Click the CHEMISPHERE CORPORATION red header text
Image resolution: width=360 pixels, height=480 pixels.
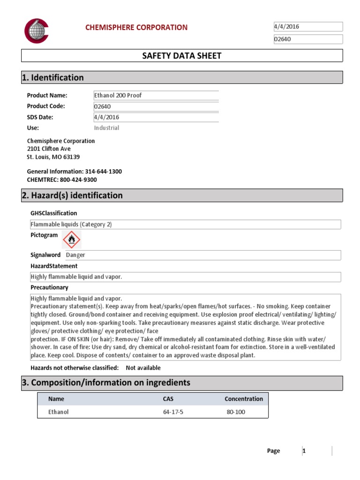(x=136, y=28)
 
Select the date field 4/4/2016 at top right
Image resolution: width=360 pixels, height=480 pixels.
(x=308, y=27)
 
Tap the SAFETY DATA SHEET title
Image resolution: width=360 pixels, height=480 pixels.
(x=182, y=56)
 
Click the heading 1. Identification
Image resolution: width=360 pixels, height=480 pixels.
(x=53, y=78)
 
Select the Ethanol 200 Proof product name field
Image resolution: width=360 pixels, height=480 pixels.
(x=156, y=96)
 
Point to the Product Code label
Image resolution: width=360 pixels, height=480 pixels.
(x=46, y=106)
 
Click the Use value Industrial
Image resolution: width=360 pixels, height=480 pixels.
(x=107, y=128)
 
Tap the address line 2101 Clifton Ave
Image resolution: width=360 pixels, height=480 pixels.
(x=49, y=149)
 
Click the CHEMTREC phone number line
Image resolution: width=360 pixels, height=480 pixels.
(x=62, y=180)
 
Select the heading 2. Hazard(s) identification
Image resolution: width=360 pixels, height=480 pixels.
(x=72, y=196)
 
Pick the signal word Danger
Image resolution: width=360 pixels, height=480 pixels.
(x=75, y=255)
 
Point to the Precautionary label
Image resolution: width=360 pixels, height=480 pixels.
(x=49, y=287)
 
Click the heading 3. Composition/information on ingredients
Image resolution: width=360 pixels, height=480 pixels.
(x=106, y=383)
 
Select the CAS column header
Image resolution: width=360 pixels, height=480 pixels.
(x=168, y=399)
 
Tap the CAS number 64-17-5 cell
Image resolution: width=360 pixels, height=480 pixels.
(x=172, y=412)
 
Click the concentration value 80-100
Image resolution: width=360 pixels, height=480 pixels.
(x=235, y=412)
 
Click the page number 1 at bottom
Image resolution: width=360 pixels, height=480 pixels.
(x=304, y=451)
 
